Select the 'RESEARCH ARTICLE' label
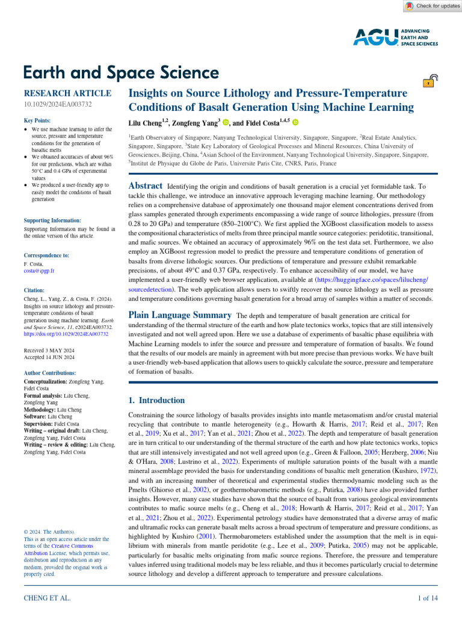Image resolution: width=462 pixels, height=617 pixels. coord(67,93)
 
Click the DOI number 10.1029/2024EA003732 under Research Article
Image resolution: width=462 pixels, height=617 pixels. coord(57,105)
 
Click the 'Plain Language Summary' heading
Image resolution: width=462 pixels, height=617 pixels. coord(180,315)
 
